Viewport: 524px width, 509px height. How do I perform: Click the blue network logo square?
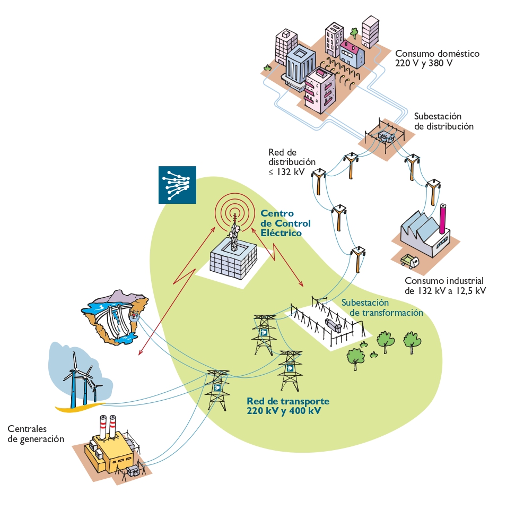177,185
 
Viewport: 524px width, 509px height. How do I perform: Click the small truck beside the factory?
409,261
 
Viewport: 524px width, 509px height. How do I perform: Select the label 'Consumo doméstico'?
437,54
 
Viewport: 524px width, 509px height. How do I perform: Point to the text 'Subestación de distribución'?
443,121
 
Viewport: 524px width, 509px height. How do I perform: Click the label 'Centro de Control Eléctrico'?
285,223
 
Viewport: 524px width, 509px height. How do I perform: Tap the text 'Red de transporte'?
288,401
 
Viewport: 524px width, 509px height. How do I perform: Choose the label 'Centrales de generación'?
36,434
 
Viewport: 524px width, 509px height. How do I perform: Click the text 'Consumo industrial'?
444,281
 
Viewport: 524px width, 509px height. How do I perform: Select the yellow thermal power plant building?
111,450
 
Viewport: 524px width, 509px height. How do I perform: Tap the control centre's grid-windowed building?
232,261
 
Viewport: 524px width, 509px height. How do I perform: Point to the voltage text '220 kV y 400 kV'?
284,410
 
